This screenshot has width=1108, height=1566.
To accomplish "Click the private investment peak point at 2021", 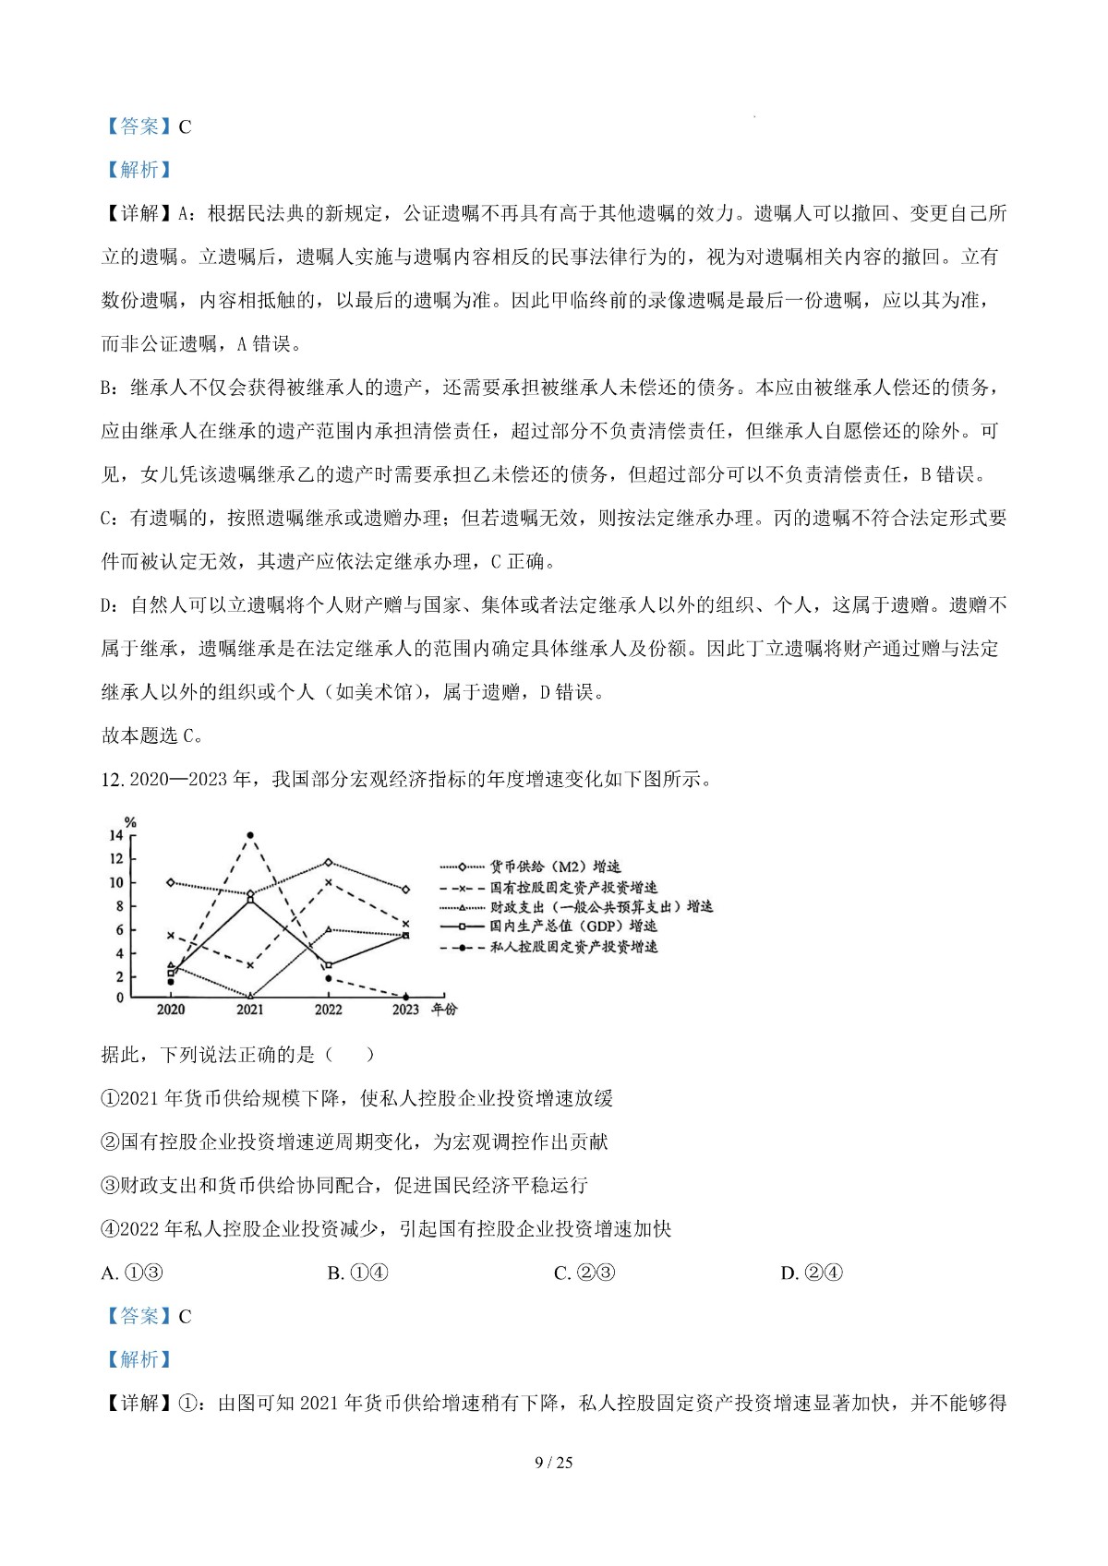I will [x=249, y=835].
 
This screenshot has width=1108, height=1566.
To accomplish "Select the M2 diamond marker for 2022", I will [x=329, y=863].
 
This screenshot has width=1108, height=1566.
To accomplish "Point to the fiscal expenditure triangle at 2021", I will [x=249, y=996].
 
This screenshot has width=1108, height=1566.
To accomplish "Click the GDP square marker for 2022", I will [x=329, y=965].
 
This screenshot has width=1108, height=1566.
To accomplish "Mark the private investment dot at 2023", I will [x=406, y=997].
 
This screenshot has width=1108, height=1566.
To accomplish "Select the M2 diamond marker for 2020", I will [x=171, y=882].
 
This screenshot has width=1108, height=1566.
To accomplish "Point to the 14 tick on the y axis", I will [x=116, y=835].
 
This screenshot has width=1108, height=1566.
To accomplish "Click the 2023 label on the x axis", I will [x=406, y=1010].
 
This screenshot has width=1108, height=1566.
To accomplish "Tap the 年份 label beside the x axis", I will [x=445, y=1010].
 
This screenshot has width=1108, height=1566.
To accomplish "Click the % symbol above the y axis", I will [x=130, y=822].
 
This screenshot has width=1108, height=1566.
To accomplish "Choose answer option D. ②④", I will [x=812, y=1273].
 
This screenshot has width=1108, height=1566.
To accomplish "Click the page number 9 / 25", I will [x=554, y=1463].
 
